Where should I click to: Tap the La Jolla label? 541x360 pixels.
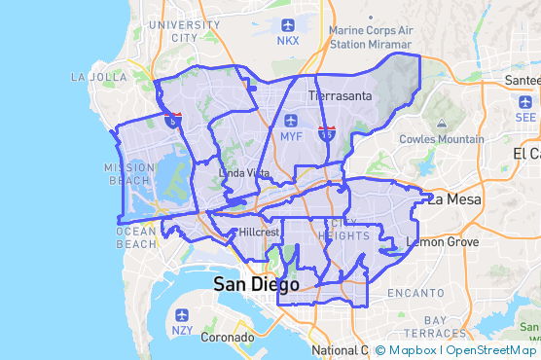coord(99,76)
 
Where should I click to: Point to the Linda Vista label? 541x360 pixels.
coord(245,172)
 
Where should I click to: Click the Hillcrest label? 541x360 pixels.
coord(259,233)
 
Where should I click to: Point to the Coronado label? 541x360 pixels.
coord(227,339)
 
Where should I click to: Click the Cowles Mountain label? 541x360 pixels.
coord(442,138)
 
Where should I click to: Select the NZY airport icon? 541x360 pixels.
coord(182,315)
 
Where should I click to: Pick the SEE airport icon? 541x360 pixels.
coord(524,100)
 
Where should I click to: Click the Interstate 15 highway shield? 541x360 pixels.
coord(327,132)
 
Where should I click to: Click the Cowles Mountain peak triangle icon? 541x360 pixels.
coord(441,124)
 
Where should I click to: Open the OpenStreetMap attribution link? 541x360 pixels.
coord(491,349)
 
